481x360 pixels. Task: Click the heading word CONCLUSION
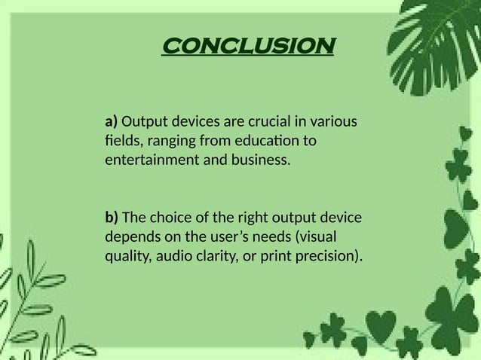click(248, 47)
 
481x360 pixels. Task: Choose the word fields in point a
click(121, 142)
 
